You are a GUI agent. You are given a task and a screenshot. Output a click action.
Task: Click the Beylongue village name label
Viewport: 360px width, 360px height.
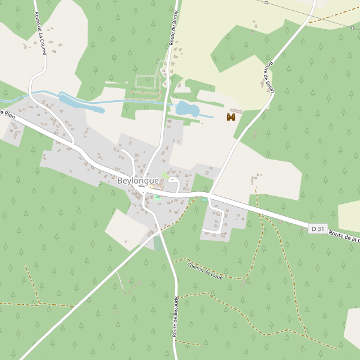(138, 181)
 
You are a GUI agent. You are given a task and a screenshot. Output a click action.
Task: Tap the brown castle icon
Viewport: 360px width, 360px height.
(230, 117)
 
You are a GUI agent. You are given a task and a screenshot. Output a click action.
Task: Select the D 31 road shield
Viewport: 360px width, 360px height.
(318, 229)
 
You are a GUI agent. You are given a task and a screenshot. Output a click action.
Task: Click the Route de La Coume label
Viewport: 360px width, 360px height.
(41, 34)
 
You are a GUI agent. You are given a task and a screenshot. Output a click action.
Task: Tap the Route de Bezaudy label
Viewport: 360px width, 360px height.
(176, 316)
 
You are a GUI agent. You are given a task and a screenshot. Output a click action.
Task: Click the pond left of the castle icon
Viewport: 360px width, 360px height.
(187, 109)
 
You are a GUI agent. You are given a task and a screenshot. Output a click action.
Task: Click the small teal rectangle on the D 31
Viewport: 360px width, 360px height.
(205, 199)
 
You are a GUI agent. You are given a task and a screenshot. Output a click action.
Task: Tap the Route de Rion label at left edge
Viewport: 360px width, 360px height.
(7, 113)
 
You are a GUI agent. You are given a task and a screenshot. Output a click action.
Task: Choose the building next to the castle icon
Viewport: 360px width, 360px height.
(236, 111)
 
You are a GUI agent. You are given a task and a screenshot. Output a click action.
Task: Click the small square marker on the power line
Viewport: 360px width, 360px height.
(353, 28)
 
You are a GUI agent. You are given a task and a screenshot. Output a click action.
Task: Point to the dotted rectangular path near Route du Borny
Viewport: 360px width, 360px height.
(145, 82)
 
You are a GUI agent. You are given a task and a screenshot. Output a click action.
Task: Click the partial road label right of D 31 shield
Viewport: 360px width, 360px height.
(344, 236)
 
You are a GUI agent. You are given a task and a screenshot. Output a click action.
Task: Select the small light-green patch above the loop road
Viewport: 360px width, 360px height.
(165, 175)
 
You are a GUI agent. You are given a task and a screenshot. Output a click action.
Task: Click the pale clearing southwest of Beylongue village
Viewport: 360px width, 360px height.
(124, 227)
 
